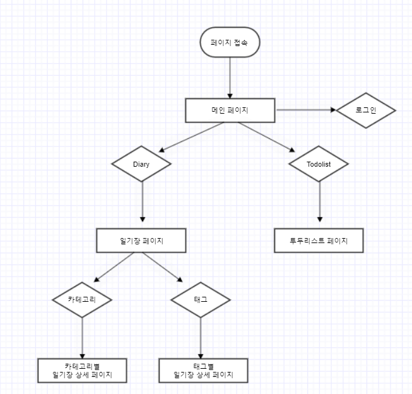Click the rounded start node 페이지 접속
[230, 42]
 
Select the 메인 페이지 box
[230, 110]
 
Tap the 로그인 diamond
[366, 110]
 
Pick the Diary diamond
[142, 164]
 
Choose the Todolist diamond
[319, 164]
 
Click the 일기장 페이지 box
[142, 240]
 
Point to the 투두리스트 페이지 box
[319, 240]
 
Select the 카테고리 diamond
[82, 299]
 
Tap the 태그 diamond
[201, 299]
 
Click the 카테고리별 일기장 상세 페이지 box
[82, 371]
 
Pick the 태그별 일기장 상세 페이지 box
[203, 371]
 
